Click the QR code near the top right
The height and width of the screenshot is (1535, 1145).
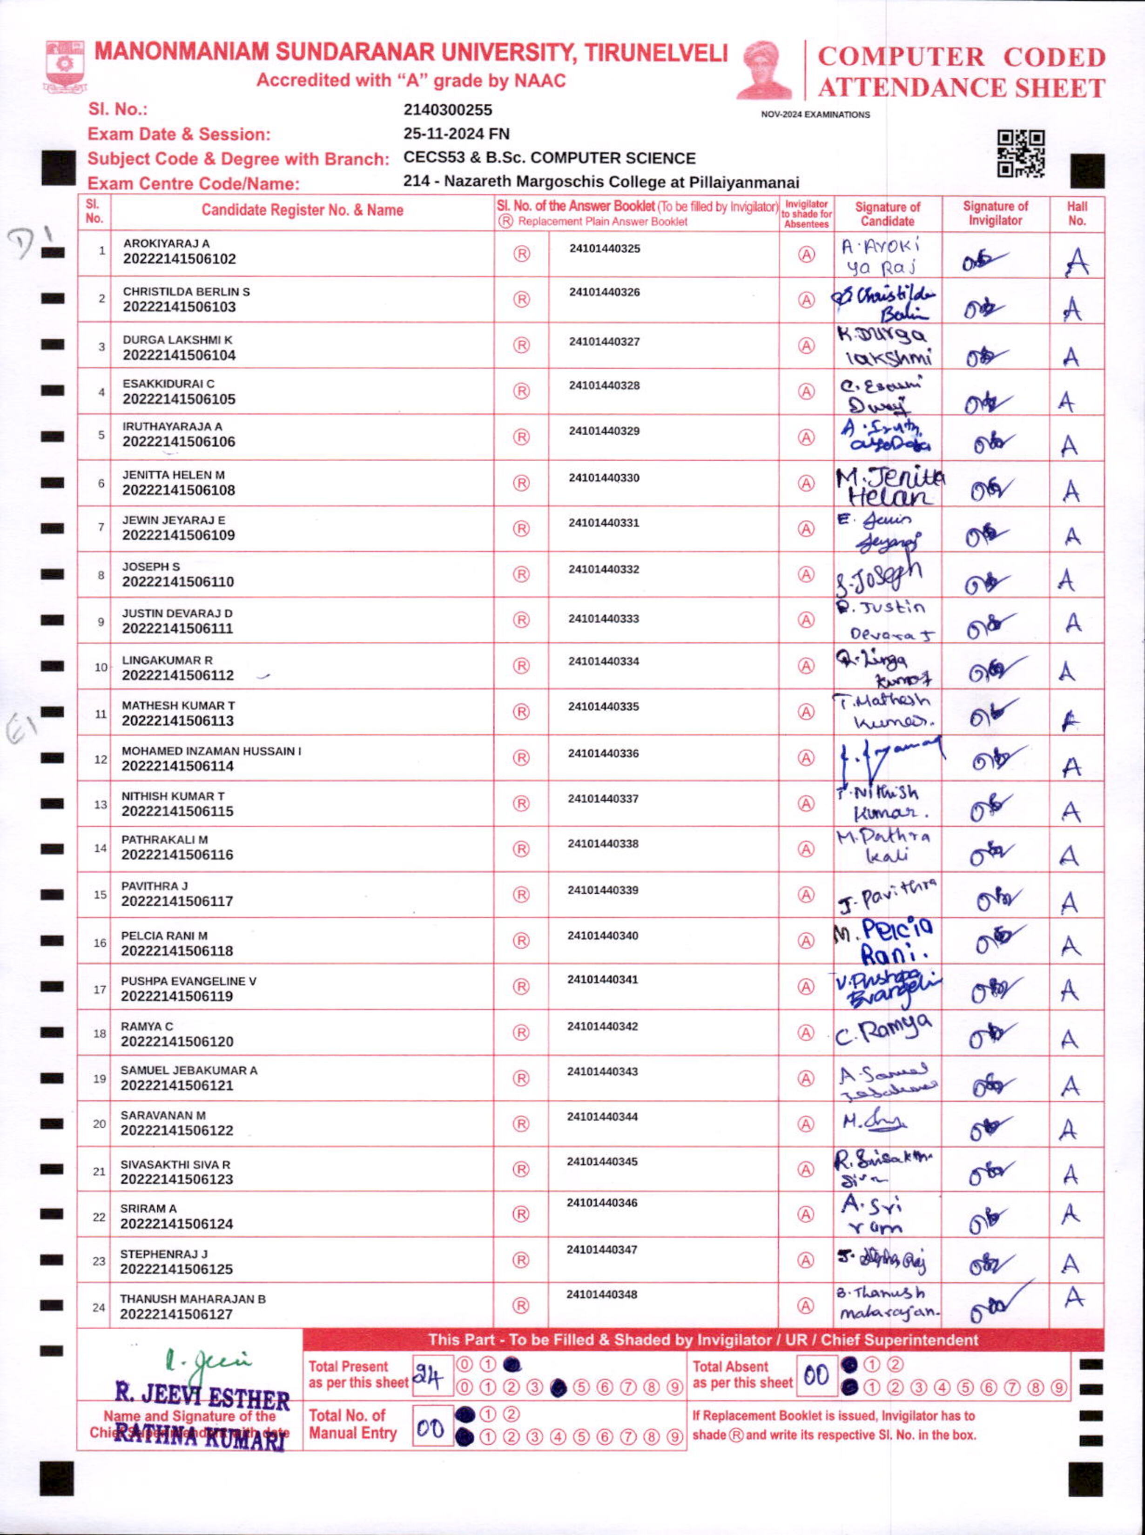click(1020, 154)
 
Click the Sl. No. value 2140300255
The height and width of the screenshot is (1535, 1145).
click(448, 109)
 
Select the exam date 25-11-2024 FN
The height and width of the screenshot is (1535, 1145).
click(456, 134)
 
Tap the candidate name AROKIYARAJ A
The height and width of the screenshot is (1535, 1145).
click(166, 243)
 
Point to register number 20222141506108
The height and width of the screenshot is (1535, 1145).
click(179, 490)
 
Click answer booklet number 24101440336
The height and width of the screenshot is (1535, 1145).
click(604, 753)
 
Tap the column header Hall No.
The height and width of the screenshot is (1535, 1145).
click(1077, 214)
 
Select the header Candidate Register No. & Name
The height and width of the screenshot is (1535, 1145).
click(302, 210)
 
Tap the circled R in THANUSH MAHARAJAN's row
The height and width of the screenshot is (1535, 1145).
click(521, 1306)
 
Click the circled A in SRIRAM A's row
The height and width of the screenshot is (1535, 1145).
click(805, 1213)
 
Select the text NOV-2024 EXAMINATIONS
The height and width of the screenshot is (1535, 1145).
click(815, 115)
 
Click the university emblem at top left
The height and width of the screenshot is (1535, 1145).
click(66, 66)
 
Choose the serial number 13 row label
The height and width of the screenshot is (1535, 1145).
click(101, 805)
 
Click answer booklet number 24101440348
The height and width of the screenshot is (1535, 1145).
click(602, 1294)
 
